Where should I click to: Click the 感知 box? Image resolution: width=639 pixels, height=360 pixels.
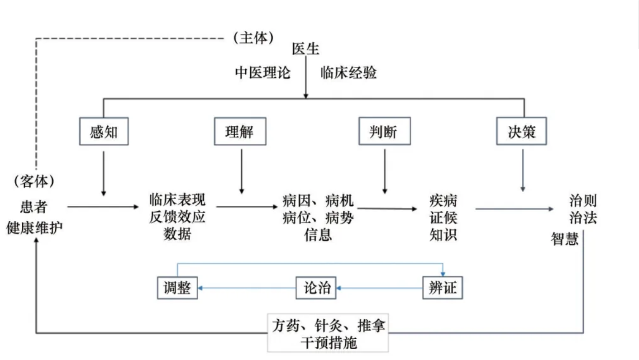(104, 132)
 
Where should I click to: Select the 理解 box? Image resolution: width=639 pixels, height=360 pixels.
(240, 132)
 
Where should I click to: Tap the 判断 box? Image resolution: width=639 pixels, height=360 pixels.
(384, 132)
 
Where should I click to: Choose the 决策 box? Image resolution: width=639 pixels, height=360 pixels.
(521, 131)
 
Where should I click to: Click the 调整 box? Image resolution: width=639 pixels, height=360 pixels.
(177, 288)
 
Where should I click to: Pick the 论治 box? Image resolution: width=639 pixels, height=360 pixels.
(316, 288)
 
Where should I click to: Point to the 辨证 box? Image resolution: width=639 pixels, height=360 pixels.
(443, 288)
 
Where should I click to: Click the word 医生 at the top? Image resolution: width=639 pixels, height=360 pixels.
(305, 48)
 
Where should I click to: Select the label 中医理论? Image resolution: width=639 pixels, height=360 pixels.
(262, 72)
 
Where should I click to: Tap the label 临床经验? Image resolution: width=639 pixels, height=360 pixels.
(348, 72)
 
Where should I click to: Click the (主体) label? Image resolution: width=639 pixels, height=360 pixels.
(253, 38)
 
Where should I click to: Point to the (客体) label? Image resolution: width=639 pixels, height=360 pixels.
(34, 181)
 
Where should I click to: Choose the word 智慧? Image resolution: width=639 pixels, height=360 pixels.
(565, 238)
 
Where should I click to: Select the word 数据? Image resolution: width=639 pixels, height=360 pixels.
(177, 234)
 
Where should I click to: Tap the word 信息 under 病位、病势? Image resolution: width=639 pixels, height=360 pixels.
(318, 235)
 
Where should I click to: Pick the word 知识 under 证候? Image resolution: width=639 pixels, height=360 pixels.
(443, 235)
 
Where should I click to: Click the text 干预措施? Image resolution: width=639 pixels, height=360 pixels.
(329, 342)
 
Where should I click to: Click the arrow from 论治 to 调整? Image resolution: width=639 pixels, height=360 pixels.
(247, 288)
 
